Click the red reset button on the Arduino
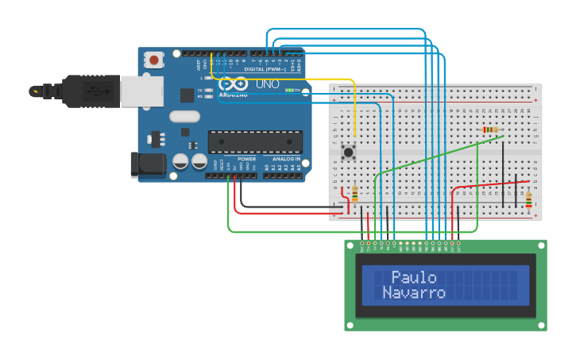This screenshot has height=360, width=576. (x=153, y=60)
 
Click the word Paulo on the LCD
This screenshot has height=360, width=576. (x=414, y=277)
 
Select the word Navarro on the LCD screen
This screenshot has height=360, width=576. (x=414, y=292)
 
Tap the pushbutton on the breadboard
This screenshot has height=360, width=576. (x=348, y=151)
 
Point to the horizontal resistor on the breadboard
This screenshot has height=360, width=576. (x=490, y=130)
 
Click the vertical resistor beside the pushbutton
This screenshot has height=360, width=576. (x=354, y=193)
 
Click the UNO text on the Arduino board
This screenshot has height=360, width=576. (x=267, y=83)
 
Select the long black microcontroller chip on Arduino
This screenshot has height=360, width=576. (x=255, y=141)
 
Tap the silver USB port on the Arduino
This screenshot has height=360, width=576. (x=141, y=91)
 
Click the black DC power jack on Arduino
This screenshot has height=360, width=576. (x=148, y=165)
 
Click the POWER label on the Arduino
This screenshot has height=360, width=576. (x=246, y=159)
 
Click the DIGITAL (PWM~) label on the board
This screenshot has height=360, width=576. (x=265, y=69)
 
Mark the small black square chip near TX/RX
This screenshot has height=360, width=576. (x=187, y=95)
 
